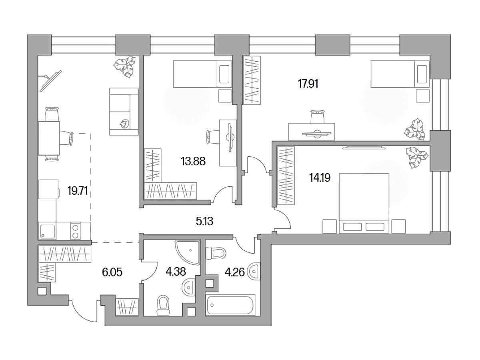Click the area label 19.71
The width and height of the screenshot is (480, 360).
pyautogui.click(x=78, y=191)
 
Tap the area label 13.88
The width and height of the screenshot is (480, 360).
pyautogui.click(x=193, y=162)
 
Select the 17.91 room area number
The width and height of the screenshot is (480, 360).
pyautogui.click(x=308, y=84)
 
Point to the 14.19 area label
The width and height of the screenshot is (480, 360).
pyautogui.click(x=320, y=178)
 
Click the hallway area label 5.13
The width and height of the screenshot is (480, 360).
pyautogui.click(x=204, y=222)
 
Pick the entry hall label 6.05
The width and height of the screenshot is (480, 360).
pyautogui.click(x=112, y=272)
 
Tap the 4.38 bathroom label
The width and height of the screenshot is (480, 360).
pyautogui.click(x=176, y=272)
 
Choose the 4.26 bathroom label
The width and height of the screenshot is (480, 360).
pyautogui.click(x=235, y=272)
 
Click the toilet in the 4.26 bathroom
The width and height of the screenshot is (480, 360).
pyautogui.click(x=215, y=252)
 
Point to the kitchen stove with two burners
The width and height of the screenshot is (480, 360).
pyautogui.click(x=76, y=231)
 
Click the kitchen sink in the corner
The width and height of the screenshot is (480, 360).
pyautogui.click(x=47, y=231)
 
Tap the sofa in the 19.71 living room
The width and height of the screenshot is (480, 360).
pyautogui.click(x=124, y=112)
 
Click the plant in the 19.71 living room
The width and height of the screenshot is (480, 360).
pyautogui.click(x=124, y=66)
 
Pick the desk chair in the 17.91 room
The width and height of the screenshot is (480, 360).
pyautogui.click(x=317, y=117)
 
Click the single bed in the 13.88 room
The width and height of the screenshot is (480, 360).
pyautogui.click(x=202, y=74)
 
